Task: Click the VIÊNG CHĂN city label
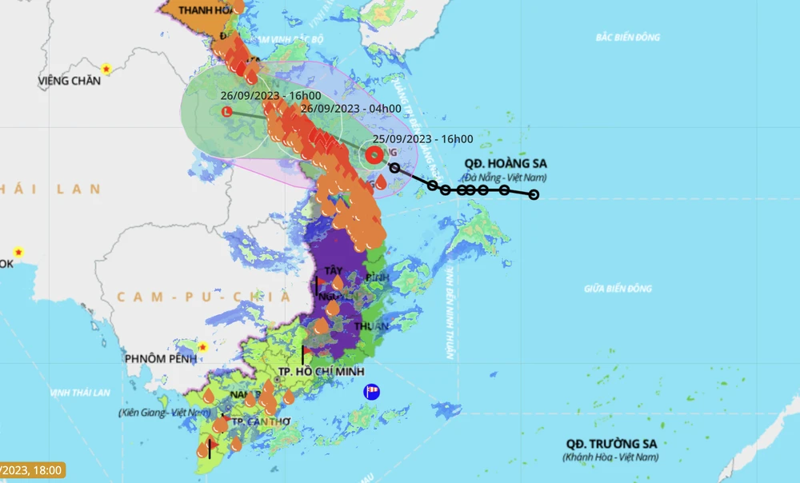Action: click(70, 81)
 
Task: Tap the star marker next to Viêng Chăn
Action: click(105, 70)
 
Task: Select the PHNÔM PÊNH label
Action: click(160, 359)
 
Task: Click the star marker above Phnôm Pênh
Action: click(203, 347)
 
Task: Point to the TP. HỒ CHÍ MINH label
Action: click(321, 372)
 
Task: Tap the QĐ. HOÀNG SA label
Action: click(506, 164)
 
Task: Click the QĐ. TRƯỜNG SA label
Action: click(611, 444)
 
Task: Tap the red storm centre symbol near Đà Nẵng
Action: click(374, 155)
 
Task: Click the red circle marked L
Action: click(226, 113)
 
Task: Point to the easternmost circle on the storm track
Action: click(534, 194)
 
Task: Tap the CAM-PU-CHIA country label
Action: click(203, 297)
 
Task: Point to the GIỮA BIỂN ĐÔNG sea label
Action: click(618, 289)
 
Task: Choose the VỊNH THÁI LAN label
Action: click(80, 393)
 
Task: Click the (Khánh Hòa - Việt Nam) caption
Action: click(611, 457)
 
